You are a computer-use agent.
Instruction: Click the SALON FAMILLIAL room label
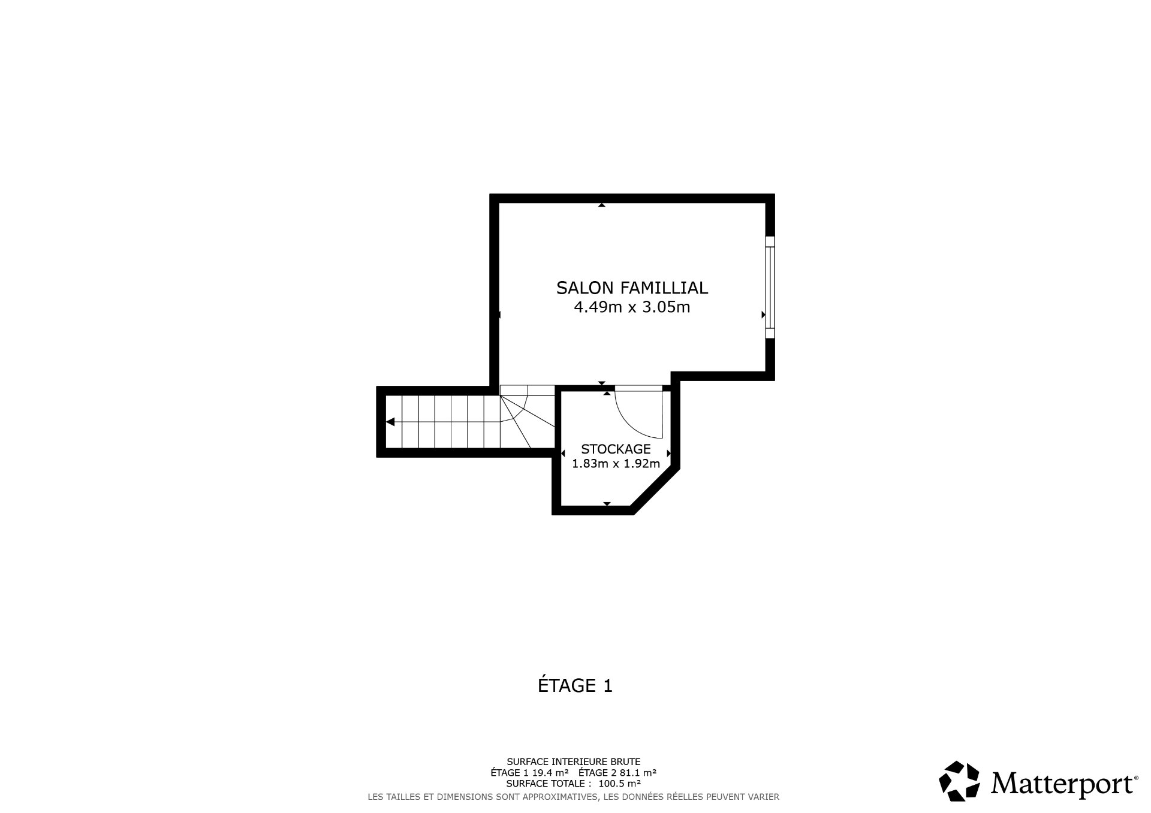(x=632, y=288)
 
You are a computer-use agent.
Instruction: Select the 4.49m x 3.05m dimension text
(x=632, y=308)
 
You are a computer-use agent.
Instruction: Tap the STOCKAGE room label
(x=616, y=449)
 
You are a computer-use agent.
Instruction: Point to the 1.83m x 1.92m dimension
(x=616, y=464)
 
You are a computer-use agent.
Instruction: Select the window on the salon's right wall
(x=770, y=287)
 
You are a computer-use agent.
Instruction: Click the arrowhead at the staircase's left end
(x=390, y=422)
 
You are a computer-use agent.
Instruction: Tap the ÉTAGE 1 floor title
(x=575, y=685)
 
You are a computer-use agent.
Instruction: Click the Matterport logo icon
(x=959, y=781)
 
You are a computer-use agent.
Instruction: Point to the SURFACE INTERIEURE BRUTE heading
(x=574, y=761)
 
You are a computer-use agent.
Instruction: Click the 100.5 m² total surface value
(x=620, y=784)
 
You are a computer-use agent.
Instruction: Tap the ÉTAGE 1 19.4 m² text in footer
(x=529, y=773)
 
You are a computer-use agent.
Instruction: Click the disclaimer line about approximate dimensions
(x=574, y=797)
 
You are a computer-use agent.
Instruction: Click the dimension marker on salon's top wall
(x=601, y=205)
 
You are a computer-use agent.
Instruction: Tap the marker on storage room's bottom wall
(x=607, y=504)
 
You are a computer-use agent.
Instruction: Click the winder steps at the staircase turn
(x=522, y=413)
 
